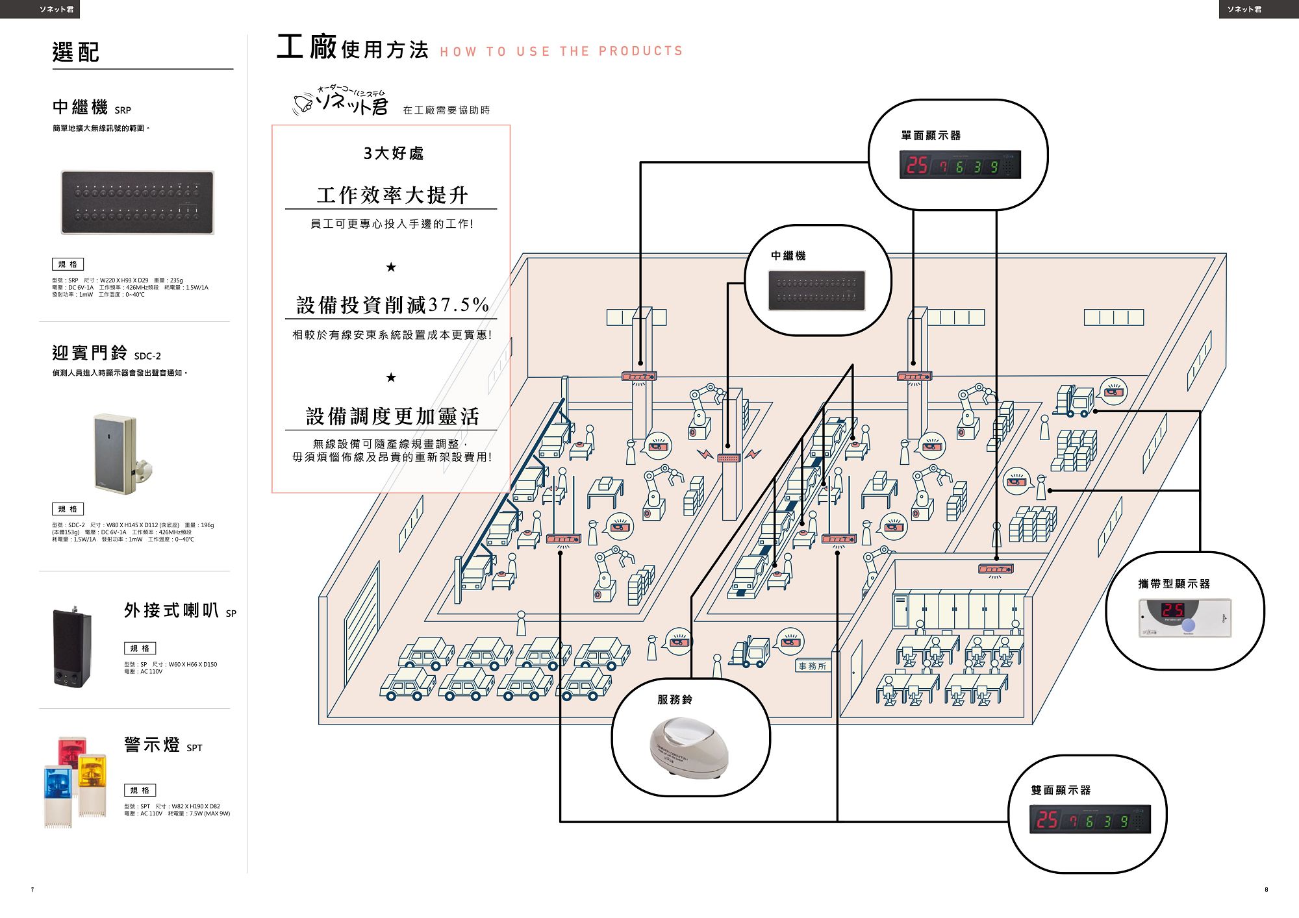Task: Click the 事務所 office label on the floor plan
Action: pyautogui.click(x=813, y=666)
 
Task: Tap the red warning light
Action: pyautogui.click(x=71, y=753)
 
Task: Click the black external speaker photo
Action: pyautogui.click(x=71, y=647)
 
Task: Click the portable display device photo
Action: pyautogui.click(x=1185, y=617)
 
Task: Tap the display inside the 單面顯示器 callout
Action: pyautogui.click(x=959, y=165)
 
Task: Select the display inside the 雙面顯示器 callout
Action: pyautogui.click(x=1089, y=819)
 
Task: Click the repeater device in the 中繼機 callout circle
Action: pyautogui.click(x=816, y=290)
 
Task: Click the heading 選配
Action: pyautogui.click(x=76, y=52)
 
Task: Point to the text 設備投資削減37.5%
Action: pyautogui.click(x=392, y=304)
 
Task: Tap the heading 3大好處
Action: pyautogui.click(x=393, y=153)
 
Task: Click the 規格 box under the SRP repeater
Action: pyautogui.click(x=68, y=264)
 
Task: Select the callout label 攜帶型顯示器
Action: pyautogui.click(x=1174, y=584)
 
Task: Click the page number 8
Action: pyautogui.click(x=1266, y=889)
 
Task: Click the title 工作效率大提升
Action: pyautogui.click(x=392, y=195)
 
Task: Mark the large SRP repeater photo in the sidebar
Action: pyautogui.click(x=138, y=202)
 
